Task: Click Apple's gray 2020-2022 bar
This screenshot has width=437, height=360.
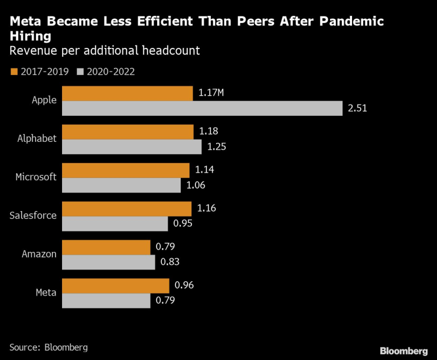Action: pyautogui.click(x=202, y=108)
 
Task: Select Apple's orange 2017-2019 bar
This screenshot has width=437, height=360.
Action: pyautogui.click(x=127, y=93)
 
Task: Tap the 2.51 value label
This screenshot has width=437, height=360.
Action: pyautogui.click(x=358, y=108)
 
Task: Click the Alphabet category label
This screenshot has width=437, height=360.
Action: pyautogui.click(x=37, y=139)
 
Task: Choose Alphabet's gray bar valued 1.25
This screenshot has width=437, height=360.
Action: pyautogui.click(x=132, y=147)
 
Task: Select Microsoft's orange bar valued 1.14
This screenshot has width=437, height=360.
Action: pyautogui.click(x=125, y=170)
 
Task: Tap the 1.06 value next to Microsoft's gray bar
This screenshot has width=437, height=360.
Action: pyautogui.click(x=195, y=185)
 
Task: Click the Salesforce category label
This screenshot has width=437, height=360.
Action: pyautogui.click(x=33, y=216)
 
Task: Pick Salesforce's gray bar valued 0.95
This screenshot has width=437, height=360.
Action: pyautogui.click(x=115, y=223)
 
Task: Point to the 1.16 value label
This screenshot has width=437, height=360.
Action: pyautogui.click(x=206, y=209)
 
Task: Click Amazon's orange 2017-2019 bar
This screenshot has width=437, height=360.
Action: pyautogui.click(x=106, y=247)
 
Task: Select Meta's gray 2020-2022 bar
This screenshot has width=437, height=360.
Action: pyautogui.click(x=106, y=300)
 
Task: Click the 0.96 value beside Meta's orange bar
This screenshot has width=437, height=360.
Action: pyautogui.click(x=184, y=286)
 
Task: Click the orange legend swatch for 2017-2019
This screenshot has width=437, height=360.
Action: pyautogui.click(x=14, y=72)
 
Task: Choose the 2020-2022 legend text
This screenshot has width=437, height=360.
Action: pyautogui.click(x=111, y=72)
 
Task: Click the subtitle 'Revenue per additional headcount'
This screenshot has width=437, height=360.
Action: pyautogui.click(x=105, y=51)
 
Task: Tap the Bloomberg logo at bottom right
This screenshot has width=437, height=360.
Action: pyautogui.click(x=403, y=351)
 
